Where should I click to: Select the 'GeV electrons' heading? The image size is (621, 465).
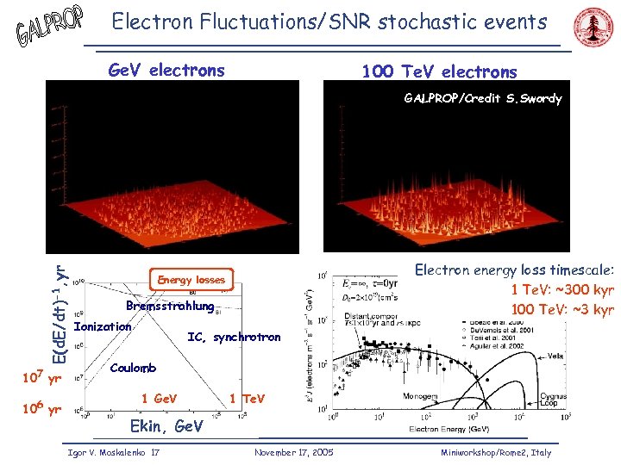click(x=166, y=71)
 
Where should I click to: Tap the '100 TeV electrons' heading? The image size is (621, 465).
click(x=439, y=71)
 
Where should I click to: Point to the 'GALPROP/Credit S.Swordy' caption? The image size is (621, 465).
click(x=482, y=99)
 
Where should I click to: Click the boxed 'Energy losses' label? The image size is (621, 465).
click(x=191, y=280)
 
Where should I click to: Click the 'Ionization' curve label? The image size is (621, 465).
click(x=103, y=326)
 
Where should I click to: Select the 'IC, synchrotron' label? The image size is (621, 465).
click(x=234, y=338)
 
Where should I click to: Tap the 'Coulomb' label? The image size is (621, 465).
click(x=134, y=368)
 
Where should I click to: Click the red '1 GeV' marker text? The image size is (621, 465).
click(x=159, y=398)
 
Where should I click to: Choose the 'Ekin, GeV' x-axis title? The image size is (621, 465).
click(x=166, y=425)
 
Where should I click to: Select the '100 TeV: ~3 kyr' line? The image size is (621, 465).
click(x=561, y=308)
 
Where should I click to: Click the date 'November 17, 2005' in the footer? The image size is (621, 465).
click(x=294, y=452)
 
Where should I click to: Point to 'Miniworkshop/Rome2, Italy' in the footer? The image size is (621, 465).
click(x=495, y=452)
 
